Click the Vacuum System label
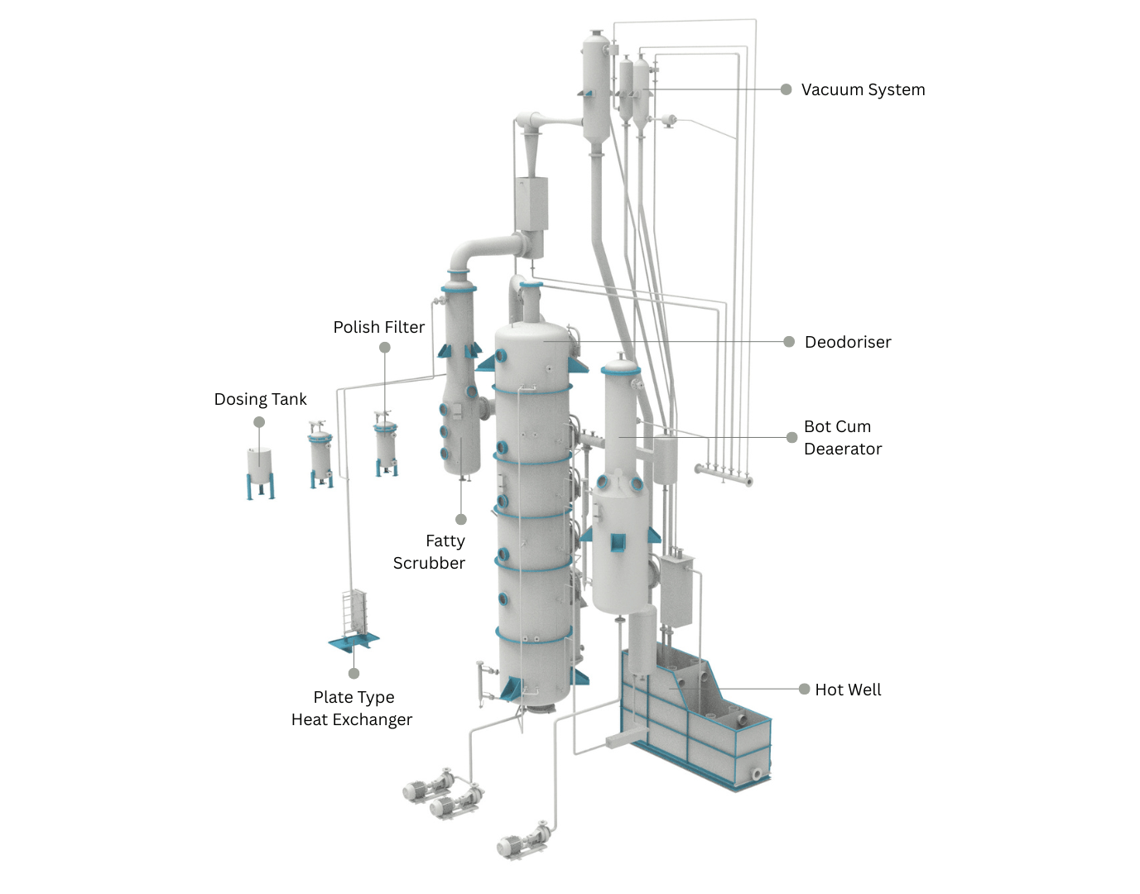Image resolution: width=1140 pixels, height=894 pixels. (x=863, y=89)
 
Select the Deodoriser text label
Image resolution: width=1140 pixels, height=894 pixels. (x=847, y=342)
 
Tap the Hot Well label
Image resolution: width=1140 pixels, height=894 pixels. (x=847, y=690)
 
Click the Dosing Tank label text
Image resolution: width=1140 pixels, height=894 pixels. (x=260, y=399)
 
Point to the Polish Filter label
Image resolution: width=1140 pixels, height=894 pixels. (x=378, y=327)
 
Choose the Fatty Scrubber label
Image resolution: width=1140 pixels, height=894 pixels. (x=430, y=551)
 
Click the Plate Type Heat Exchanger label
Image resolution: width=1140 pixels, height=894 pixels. (x=352, y=708)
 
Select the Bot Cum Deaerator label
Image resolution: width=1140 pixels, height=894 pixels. (x=842, y=437)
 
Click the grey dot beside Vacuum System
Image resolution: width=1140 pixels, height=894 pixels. (x=786, y=89)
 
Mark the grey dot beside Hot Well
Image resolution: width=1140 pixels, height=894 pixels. (x=804, y=689)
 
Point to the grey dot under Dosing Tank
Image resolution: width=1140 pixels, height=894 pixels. (x=259, y=422)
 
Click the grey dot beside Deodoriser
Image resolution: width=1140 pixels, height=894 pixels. (x=789, y=341)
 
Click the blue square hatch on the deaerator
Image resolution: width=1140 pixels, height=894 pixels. (x=618, y=542)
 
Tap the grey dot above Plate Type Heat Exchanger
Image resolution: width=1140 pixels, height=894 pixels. (x=354, y=673)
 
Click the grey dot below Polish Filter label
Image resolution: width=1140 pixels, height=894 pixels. (x=385, y=348)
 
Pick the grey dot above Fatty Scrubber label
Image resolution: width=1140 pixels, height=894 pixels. (x=461, y=519)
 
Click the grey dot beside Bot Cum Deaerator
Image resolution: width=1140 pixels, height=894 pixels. (x=791, y=437)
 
